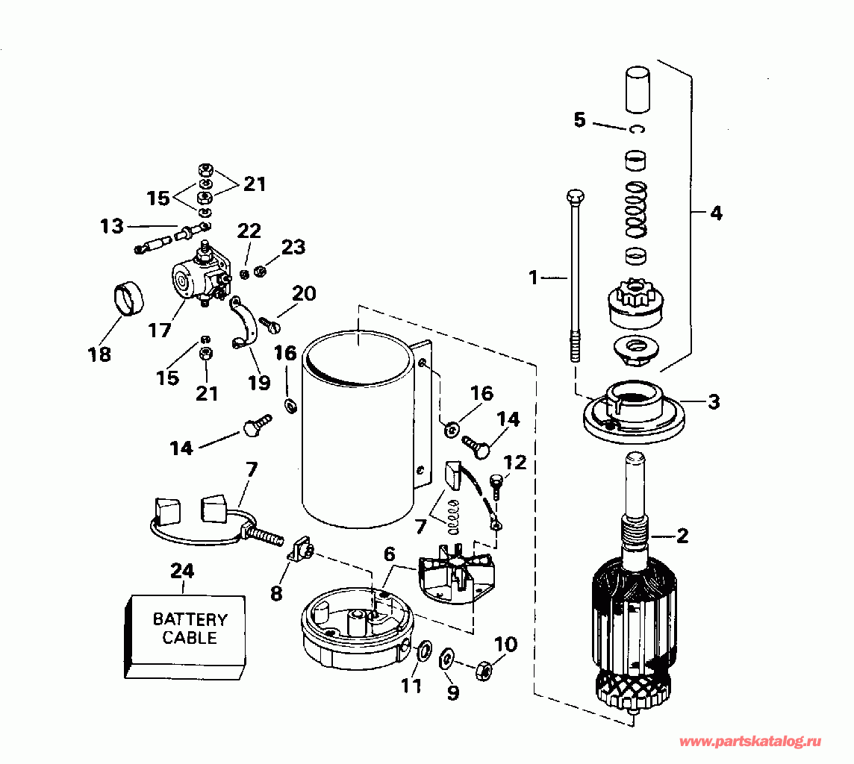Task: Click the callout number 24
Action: coord(182,571)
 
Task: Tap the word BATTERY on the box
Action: coord(190,619)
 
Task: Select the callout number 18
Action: coord(99,354)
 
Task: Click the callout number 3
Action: coord(714,402)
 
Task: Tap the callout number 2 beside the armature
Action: coord(682,536)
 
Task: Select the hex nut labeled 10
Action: coord(482,670)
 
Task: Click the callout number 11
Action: coord(411,686)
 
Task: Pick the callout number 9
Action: coord(453,692)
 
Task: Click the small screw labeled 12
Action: coord(496,488)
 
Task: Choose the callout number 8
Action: coord(277,593)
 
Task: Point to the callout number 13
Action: coord(111,225)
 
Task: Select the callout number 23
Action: coord(293,247)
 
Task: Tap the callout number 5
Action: coord(579,119)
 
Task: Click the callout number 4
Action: coord(716,213)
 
